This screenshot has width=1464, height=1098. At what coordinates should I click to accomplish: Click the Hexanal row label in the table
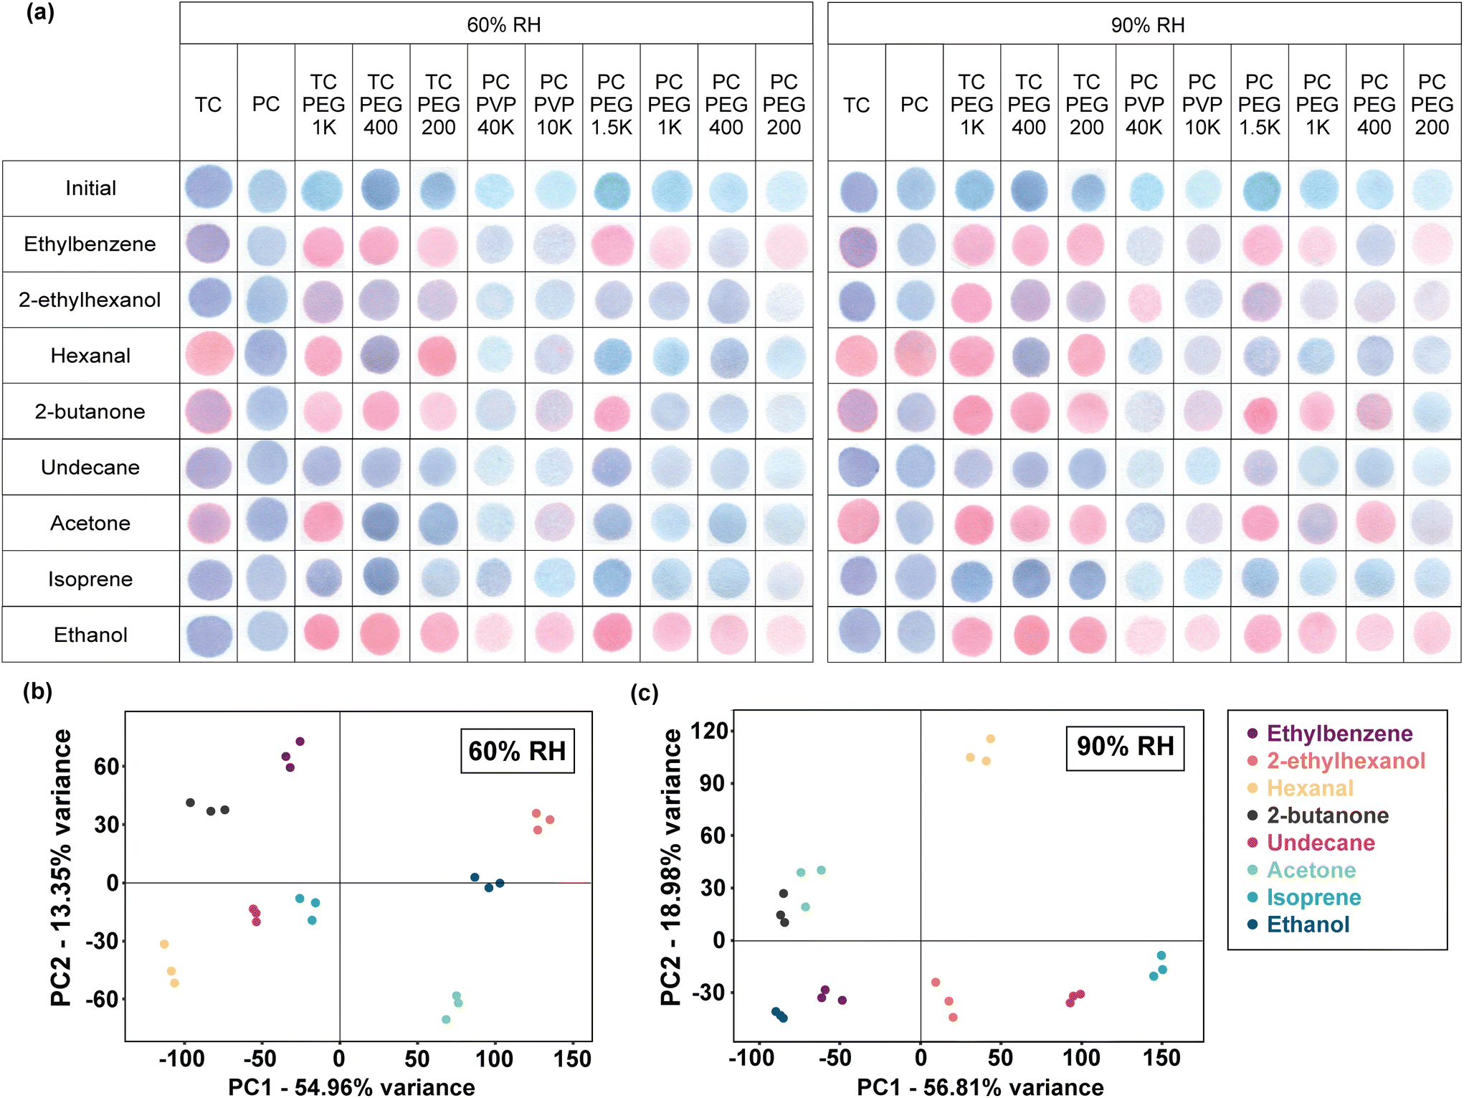[90, 356]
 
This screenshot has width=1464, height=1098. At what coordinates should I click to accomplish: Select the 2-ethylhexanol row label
[90, 300]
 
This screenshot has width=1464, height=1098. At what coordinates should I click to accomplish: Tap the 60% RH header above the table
[504, 25]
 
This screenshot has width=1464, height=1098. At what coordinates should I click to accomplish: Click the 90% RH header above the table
[1148, 25]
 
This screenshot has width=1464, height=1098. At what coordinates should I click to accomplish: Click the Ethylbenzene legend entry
[1330, 733]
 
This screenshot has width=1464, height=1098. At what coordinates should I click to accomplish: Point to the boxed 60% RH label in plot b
[517, 751]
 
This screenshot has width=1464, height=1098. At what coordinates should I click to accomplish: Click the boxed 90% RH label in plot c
[1125, 747]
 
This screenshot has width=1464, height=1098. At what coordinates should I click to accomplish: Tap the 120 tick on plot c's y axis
[708, 731]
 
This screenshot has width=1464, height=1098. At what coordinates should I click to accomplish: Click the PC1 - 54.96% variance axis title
[351, 1087]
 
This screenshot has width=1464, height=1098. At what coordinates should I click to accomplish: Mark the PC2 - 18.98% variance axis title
[671, 867]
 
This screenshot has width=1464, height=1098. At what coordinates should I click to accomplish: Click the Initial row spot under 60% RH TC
[209, 188]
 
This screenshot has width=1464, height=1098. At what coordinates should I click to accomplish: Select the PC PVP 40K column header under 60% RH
[496, 105]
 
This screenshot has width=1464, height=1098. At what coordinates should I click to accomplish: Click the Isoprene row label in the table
[90, 579]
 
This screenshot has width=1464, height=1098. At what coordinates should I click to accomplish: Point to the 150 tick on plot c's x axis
[1161, 1057]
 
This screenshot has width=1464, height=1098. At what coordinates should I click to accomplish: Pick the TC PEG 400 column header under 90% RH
[1029, 105]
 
